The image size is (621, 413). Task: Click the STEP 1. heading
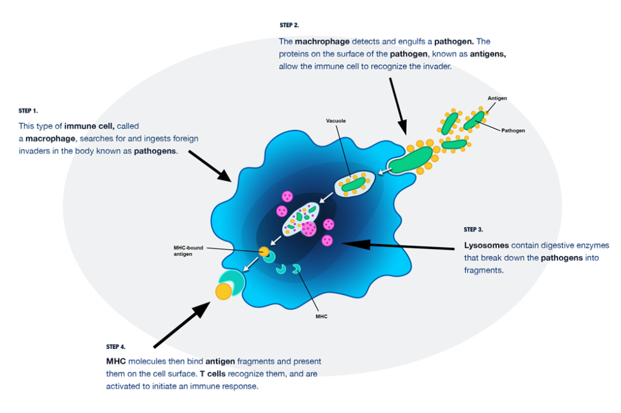(x=29, y=111)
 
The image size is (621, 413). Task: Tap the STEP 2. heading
(x=289, y=25)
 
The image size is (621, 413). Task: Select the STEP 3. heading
(x=473, y=229)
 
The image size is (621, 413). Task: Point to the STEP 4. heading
(x=116, y=346)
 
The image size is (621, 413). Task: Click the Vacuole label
(x=336, y=120)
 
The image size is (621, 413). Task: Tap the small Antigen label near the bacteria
(x=497, y=98)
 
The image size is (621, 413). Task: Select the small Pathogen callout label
(x=513, y=130)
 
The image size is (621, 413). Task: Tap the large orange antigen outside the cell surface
(x=223, y=291)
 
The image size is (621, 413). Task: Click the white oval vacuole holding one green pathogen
(x=355, y=184)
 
